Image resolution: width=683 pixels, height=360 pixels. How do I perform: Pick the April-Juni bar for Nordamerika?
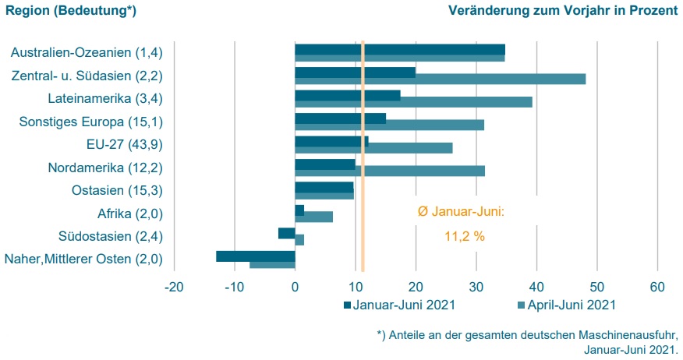click(x=421, y=171)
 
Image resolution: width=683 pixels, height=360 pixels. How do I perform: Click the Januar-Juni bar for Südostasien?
click(x=286, y=233)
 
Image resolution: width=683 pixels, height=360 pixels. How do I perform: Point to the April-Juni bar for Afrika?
click(x=318, y=217)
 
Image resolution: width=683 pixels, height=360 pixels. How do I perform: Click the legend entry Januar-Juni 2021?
click(x=398, y=305)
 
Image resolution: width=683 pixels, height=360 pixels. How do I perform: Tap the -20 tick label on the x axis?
click(x=174, y=288)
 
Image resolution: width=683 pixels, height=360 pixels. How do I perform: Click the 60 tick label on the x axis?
click(x=657, y=288)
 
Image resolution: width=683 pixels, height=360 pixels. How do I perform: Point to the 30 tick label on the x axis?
click(x=476, y=288)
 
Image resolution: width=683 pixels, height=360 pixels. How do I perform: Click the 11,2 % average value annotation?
click(x=465, y=236)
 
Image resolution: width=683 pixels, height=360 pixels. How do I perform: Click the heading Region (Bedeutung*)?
click(x=71, y=11)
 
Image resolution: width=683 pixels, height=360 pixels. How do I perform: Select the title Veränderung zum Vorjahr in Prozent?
click(x=563, y=11)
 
